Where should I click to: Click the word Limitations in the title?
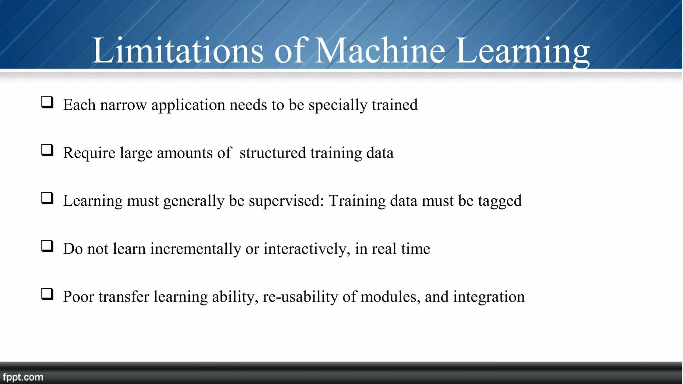point(177,51)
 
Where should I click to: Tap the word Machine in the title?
point(380,51)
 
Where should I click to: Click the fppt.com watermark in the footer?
point(23,377)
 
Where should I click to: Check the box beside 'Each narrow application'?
point(47,102)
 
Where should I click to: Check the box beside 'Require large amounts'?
point(47,150)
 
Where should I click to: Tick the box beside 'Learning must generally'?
point(47,198)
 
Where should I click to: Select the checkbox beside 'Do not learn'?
point(47,246)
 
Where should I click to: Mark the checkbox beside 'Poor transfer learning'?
point(47,294)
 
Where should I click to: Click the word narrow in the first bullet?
point(123,105)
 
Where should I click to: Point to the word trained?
point(395,105)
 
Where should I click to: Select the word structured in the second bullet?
point(272,153)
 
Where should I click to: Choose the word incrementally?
point(195,249)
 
